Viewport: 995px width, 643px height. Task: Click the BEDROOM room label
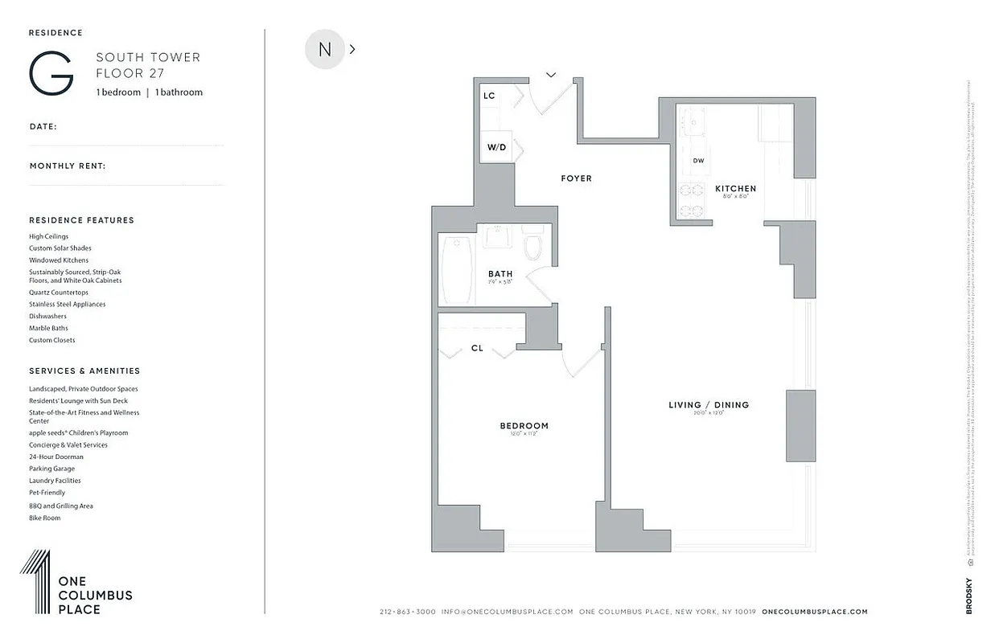(524, 426)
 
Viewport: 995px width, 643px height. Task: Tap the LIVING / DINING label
(709, 405)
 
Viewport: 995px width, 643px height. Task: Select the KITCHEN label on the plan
(735, 189)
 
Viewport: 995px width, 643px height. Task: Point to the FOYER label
(576, 178)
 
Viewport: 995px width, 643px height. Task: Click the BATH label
(500, 274)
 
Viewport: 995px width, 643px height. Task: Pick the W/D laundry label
(496, 148)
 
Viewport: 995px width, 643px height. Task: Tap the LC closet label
(489, 96)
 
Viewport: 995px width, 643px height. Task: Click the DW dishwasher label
(698, 161)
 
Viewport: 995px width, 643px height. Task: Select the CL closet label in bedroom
(477, 348)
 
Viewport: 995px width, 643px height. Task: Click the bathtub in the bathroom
(457, 269)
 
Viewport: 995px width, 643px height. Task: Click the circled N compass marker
(325, 49)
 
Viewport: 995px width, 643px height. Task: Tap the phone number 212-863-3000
(407, 612)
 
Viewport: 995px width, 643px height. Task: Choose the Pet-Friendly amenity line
(47, 493)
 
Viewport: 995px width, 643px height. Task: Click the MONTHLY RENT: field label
(68, 166)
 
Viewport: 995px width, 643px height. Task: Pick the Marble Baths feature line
(48, 328)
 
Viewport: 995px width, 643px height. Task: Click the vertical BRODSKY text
(969, 596)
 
